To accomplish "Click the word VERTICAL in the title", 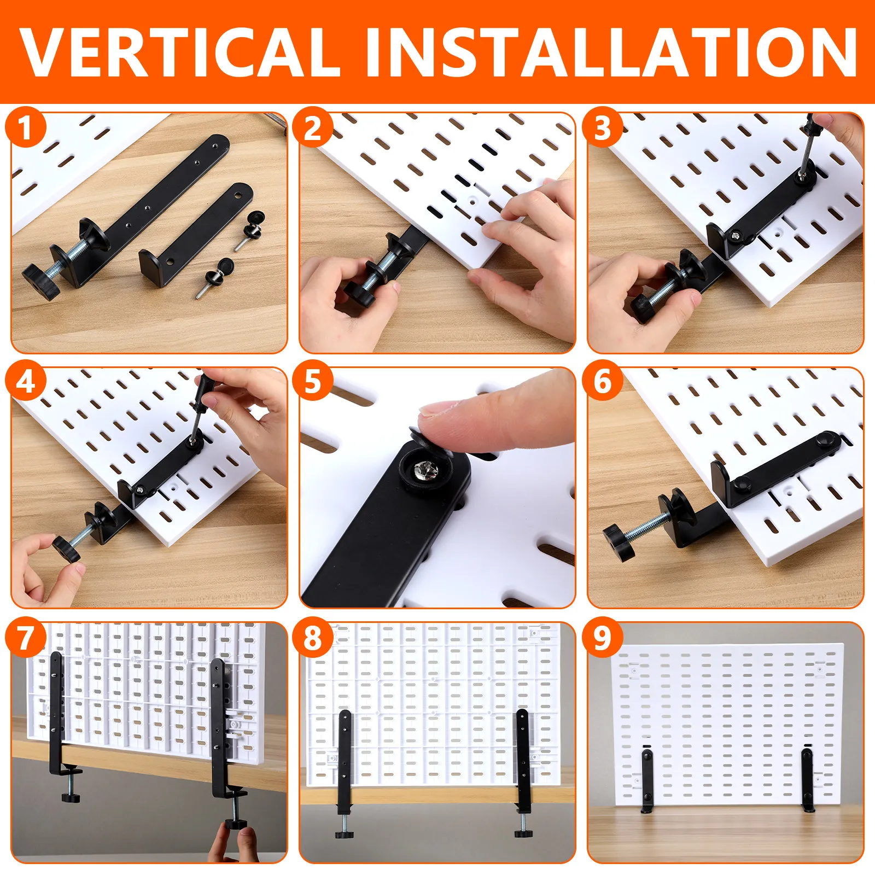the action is (x=180, y=51).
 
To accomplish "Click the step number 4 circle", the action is (x=25, y=381).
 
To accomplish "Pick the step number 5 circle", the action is (x=313, y=381).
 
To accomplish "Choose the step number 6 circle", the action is (x=602, y=381).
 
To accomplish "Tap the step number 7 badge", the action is (x=25, y=637).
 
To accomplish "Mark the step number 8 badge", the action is (x=313, y=637).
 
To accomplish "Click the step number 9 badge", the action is (x=602, y=637).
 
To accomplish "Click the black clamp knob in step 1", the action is (x=41, y=281).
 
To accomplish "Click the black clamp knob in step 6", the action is (x=621, y=541).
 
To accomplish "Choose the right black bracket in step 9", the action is (x=807, y=780).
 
